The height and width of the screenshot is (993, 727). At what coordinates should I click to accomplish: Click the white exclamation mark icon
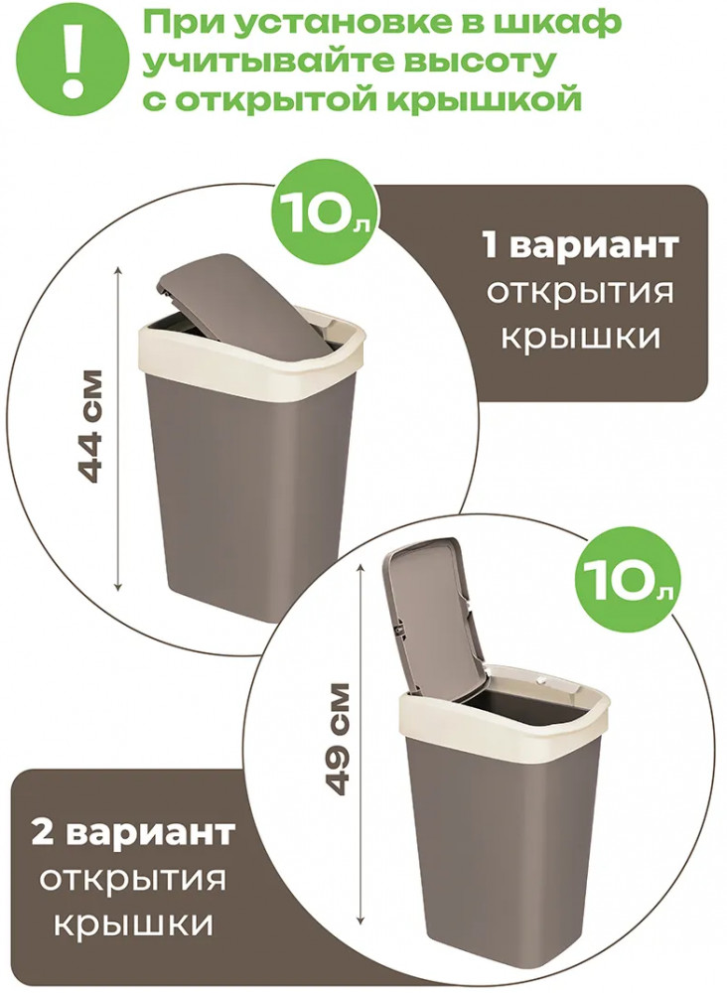click(x=75, y=59)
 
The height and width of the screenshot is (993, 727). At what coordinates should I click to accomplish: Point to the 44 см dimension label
click(x=86, y=426)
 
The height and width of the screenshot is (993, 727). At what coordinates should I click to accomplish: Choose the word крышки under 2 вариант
click(x=132, y=925)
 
